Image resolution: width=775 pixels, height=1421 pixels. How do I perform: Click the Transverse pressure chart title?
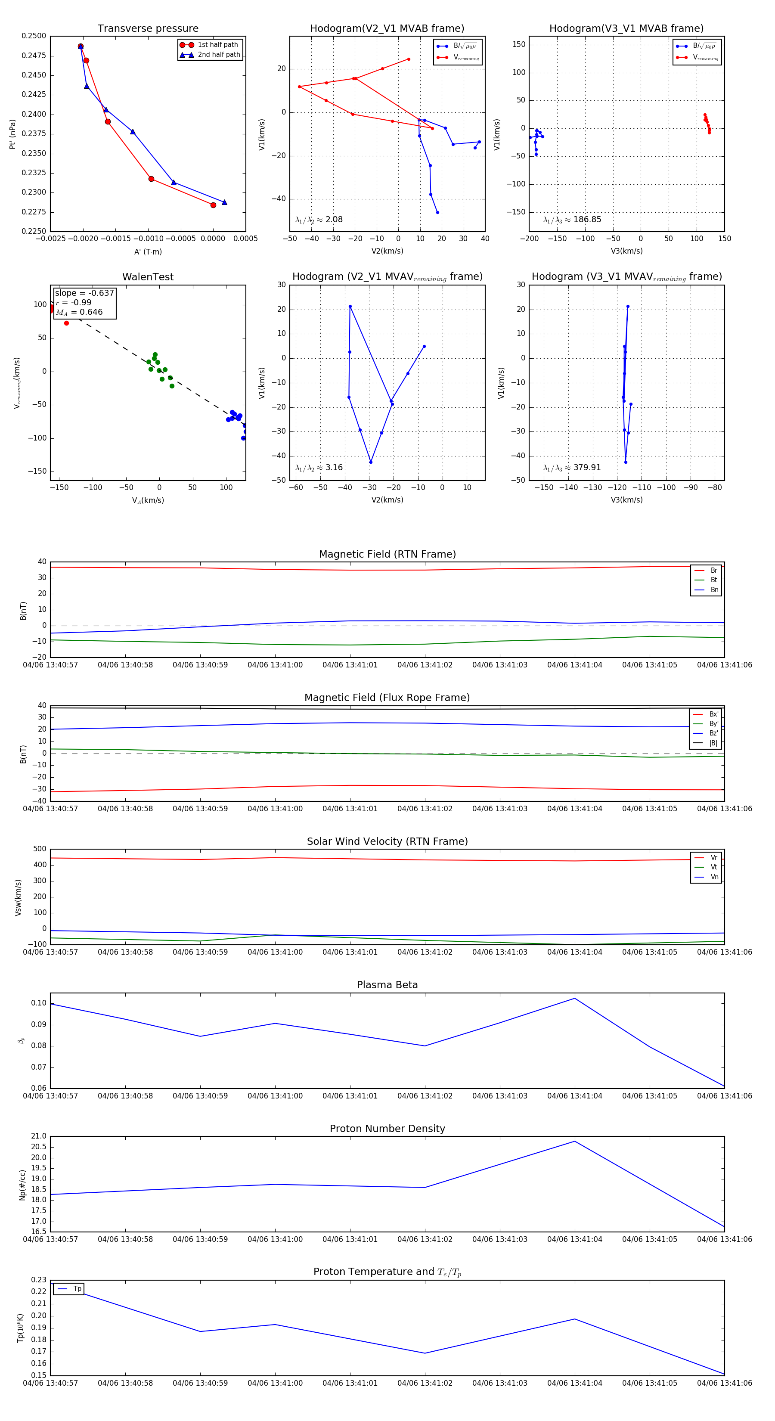point(148,29)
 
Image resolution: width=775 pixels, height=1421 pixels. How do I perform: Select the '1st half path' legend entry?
point(217,45)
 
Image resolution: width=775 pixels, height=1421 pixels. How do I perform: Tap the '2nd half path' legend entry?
point(218,55)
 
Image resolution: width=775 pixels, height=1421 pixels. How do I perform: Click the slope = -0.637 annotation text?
point(84,293)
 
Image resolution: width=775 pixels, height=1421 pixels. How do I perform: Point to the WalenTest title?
point(148,277)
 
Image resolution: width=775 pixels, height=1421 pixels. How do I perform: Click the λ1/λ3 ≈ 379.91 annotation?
point(571,468)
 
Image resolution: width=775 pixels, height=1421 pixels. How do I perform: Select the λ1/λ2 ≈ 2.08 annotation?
point(319,220)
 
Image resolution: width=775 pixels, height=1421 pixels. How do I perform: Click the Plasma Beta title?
point(387,985)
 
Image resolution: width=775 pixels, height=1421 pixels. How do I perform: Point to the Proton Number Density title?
point(387,1129)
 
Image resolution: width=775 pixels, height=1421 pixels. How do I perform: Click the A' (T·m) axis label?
point(148,251)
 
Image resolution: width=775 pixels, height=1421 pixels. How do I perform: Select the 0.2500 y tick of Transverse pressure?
point(34,36)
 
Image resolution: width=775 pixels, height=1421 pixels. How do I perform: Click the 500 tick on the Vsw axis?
point(40,849)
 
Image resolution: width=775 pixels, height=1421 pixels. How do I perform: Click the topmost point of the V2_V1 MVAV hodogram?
point(350,307)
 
